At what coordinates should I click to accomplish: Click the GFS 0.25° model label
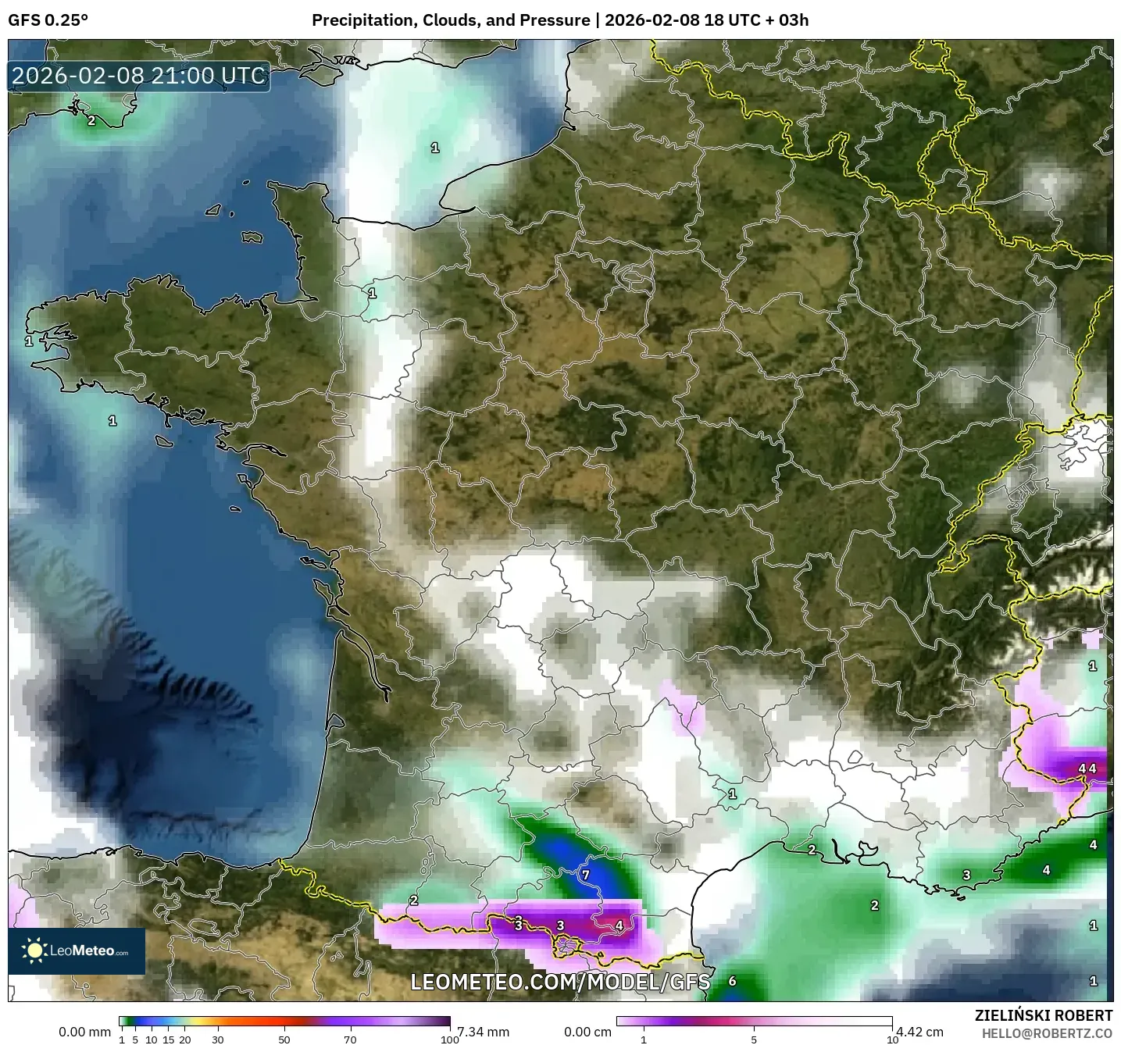coord(48,20)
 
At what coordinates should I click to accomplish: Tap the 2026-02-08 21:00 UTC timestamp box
coord(139,76)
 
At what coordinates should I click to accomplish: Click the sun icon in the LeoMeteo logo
coord(35,950)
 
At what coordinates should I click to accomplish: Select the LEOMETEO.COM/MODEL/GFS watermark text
coord(560,982)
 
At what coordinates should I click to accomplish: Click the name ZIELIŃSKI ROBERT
coord(1044,1015)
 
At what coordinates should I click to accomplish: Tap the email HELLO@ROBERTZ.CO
coord(1047,1033)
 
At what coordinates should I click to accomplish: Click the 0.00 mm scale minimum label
coord(84,1032)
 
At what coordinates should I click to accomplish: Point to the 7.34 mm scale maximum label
coord(483,1032)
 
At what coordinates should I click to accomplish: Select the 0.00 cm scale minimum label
coord(588,1032)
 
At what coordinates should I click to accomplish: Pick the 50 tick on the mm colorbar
coord(284,1040)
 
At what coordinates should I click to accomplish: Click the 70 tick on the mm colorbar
coord(351,1040)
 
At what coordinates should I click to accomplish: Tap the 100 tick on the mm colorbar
coord(449,1040)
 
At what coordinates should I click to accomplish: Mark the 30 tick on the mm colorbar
coord(218,1040)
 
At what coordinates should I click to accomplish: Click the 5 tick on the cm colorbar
coord(754,1040)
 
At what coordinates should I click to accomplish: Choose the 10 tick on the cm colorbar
coord(891,1040)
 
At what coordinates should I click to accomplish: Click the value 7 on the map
coord(586,875)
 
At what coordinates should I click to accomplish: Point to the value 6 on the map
coord(732,981)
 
